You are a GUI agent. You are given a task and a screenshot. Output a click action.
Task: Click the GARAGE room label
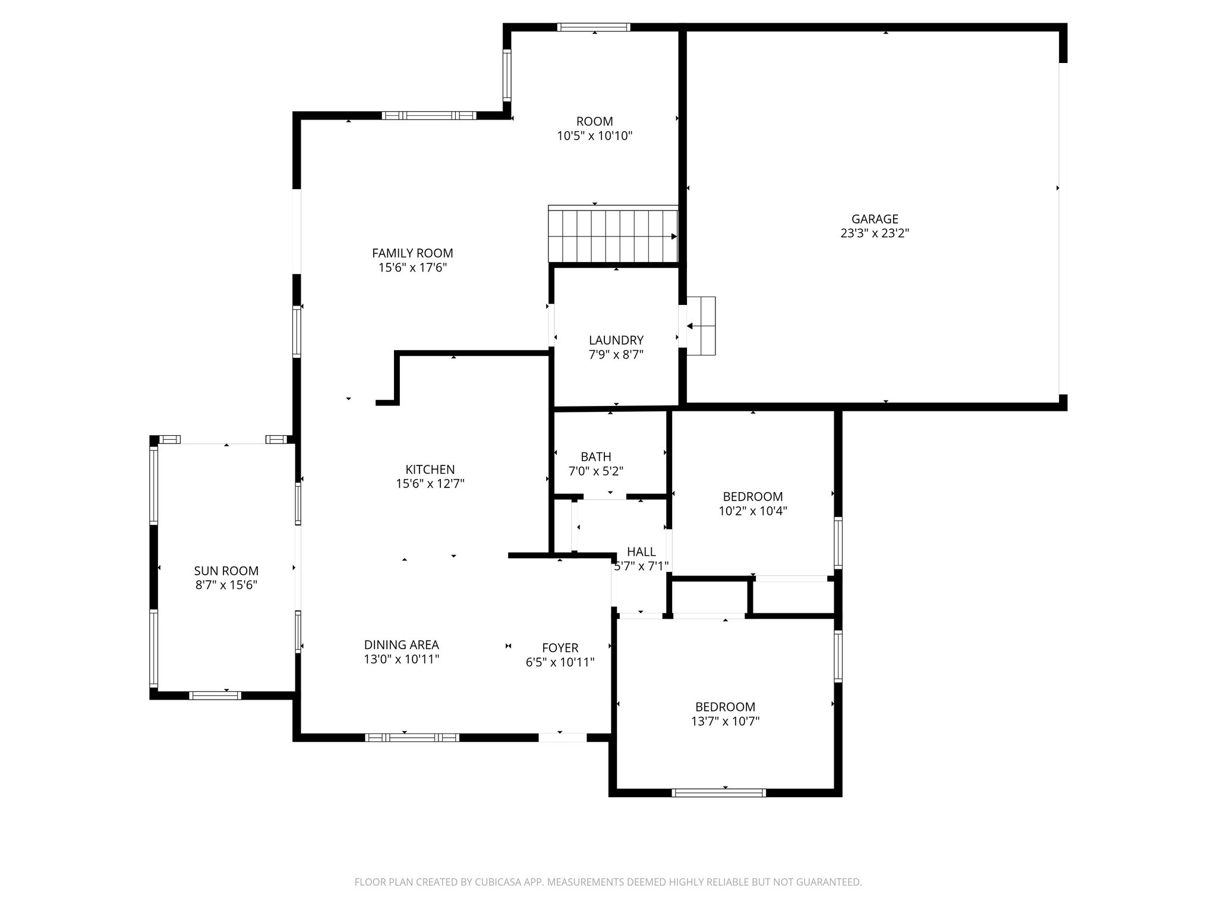pos(875,219)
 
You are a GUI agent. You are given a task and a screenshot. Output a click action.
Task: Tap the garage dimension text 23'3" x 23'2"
pos(875,234)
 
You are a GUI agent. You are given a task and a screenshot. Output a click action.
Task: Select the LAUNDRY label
pos(616,341)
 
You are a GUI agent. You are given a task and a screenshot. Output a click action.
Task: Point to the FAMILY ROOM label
pos(412,253)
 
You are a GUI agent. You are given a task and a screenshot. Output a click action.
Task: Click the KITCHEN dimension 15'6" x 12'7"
pos(430,484)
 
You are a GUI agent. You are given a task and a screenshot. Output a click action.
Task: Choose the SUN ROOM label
pos(226,571)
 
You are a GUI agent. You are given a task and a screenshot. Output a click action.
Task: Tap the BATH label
pos(596,457)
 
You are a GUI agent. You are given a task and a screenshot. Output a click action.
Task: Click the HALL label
pos(642,552)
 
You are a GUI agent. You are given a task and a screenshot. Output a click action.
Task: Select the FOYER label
pos(560,648)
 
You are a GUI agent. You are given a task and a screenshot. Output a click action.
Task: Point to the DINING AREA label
pos(402,645)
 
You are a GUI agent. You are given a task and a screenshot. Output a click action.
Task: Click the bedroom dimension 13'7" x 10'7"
pos(726,722)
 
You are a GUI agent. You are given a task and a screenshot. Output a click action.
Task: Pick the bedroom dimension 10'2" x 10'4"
pos(753,511)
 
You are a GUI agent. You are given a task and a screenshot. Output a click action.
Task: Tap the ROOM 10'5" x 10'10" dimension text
pos(595,136)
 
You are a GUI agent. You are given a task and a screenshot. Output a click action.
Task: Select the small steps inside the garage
pos(701,326)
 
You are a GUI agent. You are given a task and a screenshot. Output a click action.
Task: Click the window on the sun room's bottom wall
pos(215,695)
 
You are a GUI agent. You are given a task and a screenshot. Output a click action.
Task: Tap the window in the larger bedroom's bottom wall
pos(719,792)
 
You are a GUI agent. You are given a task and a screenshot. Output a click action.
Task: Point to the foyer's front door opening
pos(562,738)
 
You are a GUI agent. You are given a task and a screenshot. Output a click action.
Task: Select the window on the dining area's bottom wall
pos(412,738)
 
